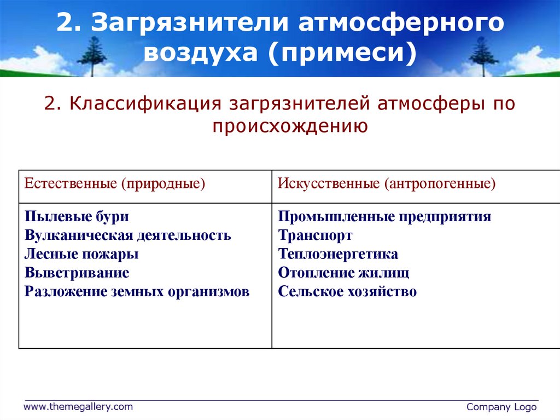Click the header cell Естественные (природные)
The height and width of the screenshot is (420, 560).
115,183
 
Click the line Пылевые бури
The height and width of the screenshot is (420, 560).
77,217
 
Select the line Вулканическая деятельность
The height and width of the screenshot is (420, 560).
127,235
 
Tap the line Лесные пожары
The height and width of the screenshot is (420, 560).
81,254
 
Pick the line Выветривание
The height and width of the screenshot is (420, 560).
77,273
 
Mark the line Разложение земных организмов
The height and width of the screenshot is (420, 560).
137,291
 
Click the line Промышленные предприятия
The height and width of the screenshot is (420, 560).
384,217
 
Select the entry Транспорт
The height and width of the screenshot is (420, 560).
315,235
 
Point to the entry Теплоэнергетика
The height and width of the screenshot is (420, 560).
338,254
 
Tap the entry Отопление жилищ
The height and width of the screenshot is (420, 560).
343,273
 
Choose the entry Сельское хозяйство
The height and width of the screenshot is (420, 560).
347,291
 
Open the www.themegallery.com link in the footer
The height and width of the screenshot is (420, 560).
78,406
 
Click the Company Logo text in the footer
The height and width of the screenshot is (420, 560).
501,407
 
